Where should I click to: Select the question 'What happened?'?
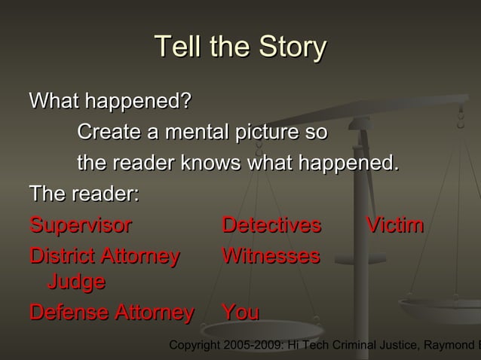(110, 100)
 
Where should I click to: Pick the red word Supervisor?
(80, 226)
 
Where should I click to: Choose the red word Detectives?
(271, 226)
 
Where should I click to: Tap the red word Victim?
(394, 226)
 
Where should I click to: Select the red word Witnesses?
(271, 257)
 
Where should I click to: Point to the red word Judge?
(76, 282)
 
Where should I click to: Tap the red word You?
(240, 312)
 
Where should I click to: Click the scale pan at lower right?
(441, 309)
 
